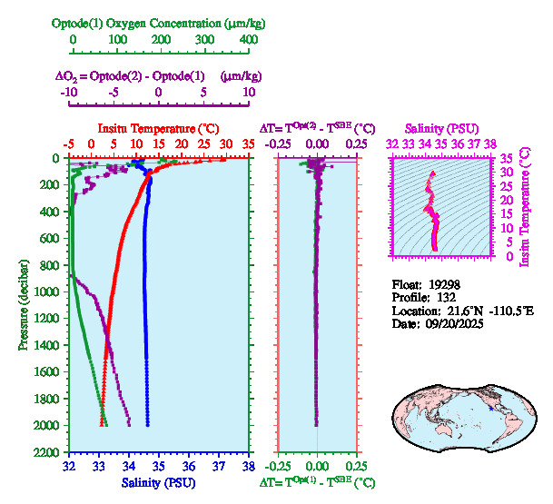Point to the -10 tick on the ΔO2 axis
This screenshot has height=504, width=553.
tap(69, 92)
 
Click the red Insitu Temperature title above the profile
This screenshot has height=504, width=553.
tap(159, 128)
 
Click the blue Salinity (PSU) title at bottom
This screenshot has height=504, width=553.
tap(159, 483)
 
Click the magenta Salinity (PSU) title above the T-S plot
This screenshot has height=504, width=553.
tap(441, 128)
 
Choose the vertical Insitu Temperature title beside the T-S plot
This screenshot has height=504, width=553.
tap(523, 206)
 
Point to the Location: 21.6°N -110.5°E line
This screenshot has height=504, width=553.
tap(462, 311)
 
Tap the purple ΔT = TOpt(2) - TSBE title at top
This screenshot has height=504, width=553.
tap(317, 128)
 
